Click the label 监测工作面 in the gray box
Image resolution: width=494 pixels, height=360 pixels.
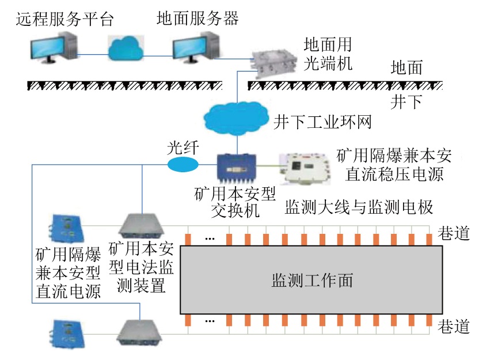pos(311,281)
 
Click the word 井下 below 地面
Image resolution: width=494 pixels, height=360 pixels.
pos(406,103)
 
